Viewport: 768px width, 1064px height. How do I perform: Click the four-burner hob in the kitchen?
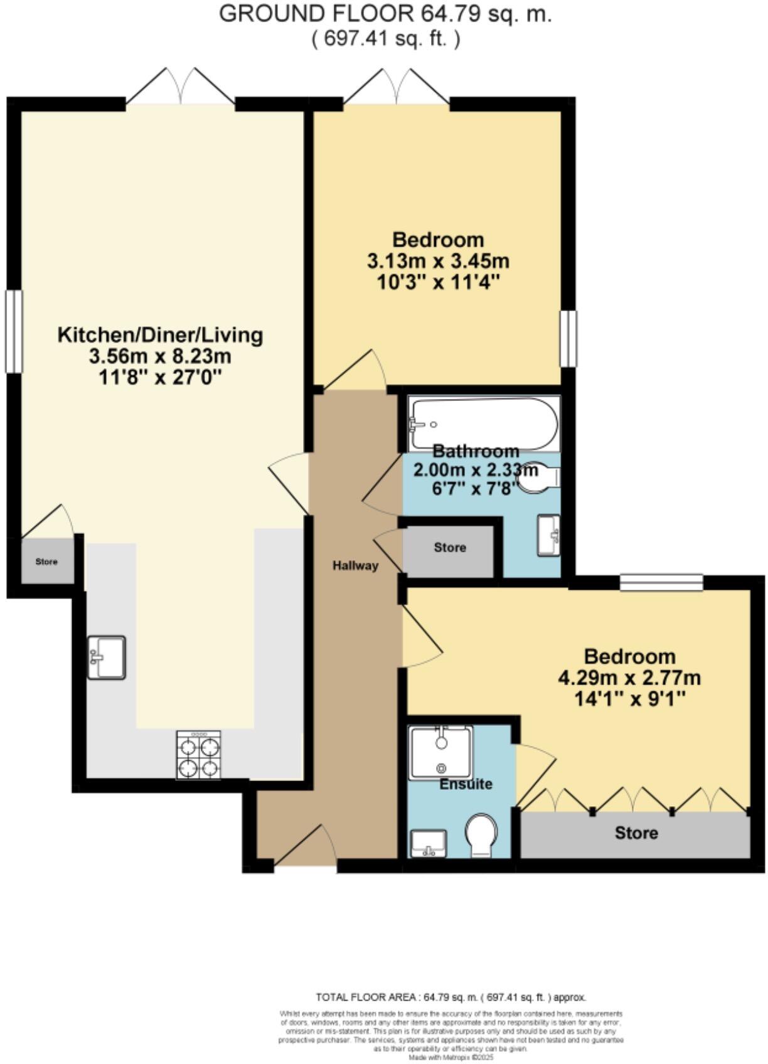click(199, 755)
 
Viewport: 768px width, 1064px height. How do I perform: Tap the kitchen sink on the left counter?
click(106, 657)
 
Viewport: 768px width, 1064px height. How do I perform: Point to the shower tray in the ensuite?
click(440, 752)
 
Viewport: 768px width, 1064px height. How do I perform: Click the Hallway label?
click(355, 565)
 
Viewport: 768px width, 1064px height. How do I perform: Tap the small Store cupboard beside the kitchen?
click(46, 561)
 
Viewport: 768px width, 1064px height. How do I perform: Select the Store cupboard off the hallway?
click(449, 548)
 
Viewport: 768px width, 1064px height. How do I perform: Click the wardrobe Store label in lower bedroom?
click(636, 833)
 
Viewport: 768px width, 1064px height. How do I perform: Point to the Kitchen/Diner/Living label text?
click(160, 334)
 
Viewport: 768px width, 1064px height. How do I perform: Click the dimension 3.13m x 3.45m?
click(437, 260)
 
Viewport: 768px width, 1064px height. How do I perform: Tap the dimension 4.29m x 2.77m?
click(629, 678)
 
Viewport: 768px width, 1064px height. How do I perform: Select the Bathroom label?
click(476, 450)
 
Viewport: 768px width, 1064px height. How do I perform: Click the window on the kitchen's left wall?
click(14, 331)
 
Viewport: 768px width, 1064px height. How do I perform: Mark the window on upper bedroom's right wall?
click(568, 338)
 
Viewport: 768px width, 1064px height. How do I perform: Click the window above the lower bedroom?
click(661, 582)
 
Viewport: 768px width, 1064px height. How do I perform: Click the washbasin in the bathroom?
click(549, 535)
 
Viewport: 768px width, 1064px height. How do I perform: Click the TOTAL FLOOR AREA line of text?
click(451, 997)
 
